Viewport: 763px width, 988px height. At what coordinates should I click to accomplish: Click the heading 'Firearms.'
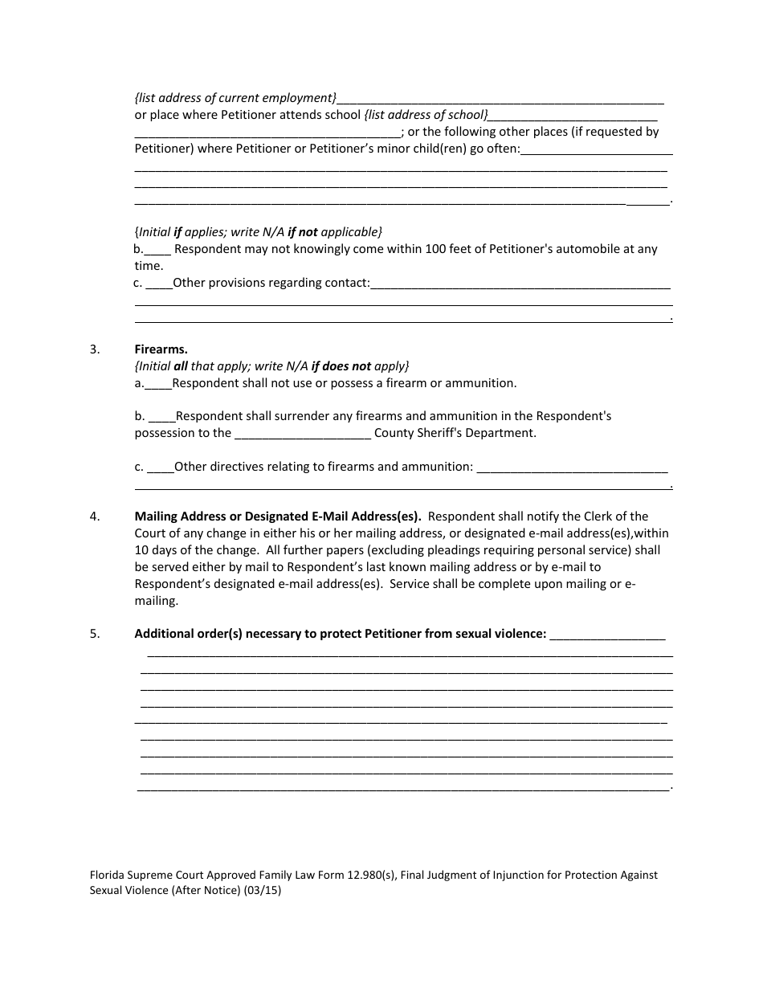pos(161,349)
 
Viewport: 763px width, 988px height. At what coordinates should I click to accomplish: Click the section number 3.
pos(95,349)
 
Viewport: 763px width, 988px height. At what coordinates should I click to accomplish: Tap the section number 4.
pos(95,516)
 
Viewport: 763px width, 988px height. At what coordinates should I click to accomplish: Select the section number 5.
pos(95,634)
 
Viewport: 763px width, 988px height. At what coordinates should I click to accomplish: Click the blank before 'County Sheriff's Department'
pos(302,434)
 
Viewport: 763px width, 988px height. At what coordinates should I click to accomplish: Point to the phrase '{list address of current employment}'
pos(235,98)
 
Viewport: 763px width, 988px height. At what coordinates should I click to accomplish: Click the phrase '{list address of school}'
pos(426,115)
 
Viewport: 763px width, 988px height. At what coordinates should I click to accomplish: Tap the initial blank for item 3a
pos(158,384)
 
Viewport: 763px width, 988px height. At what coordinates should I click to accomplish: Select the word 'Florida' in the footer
pos(108,875)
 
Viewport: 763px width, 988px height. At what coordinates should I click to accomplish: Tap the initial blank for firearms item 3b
pos(161,417)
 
